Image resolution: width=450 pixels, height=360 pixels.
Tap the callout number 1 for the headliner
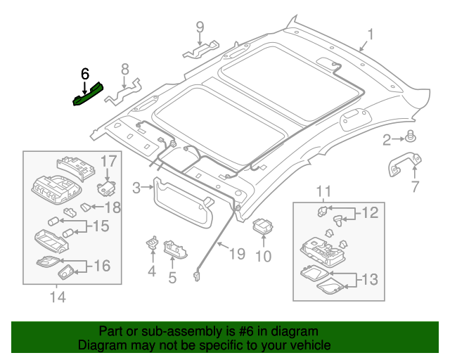(x=371, y=34)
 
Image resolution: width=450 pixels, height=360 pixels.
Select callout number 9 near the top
(x=200, y=27)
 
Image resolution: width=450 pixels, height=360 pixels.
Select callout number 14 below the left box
(x=58, y=297)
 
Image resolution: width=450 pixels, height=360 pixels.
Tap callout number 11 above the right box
(x=323, y=191)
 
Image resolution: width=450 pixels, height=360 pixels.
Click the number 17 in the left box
(x=108, y=161)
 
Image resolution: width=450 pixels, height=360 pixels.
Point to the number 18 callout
(x=112, y=207)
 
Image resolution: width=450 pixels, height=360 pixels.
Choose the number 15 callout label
(x=101, y=226)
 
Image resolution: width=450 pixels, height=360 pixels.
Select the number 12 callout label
(x=369, y=213)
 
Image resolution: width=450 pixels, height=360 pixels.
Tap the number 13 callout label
(x=370, y=279)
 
